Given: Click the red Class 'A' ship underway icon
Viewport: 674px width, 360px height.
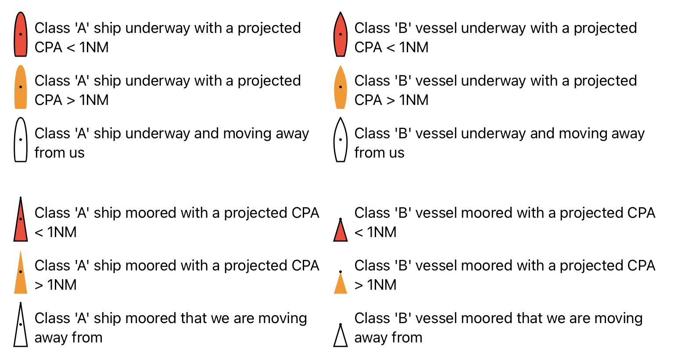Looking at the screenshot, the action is pos(21,34).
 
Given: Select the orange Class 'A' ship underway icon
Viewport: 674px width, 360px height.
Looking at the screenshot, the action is pos(21,87).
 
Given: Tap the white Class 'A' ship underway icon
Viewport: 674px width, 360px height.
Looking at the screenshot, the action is pos(21,140).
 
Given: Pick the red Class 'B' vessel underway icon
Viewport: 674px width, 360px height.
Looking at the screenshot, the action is pos(341,34).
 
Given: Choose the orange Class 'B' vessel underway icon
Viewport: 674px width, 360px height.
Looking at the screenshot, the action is pos(341,87).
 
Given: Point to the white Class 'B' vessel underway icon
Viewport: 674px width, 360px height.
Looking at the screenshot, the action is pos(341,140).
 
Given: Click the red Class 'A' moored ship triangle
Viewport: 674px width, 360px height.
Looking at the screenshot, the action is pos(21,223).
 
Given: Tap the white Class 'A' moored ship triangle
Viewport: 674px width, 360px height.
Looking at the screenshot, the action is pos(21,328).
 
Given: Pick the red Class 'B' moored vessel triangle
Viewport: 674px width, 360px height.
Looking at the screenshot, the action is pos(341,231).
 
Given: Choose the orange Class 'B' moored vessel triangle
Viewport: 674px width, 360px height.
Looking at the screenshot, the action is pos(341,284).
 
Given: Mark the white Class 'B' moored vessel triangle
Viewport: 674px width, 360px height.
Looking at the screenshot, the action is pos(341,337).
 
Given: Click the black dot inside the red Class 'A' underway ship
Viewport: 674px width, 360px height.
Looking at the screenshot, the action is pos(21,34).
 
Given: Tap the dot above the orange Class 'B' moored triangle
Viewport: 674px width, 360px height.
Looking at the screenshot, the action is pos(341,272).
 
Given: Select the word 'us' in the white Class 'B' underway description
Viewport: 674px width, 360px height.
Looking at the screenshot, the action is pos(396,153).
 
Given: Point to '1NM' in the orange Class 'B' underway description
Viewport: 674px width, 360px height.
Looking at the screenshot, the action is pos(413,100).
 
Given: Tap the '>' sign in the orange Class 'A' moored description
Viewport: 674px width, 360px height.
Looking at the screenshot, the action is pos(39,285).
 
